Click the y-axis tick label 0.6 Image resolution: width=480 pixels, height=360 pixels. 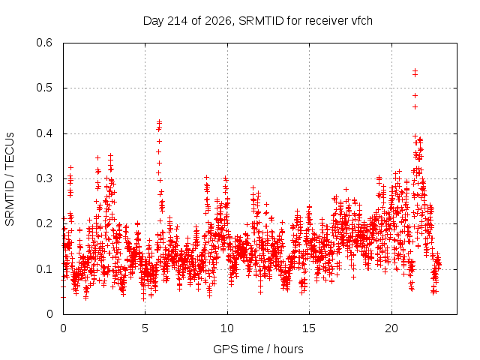tap(44, 43)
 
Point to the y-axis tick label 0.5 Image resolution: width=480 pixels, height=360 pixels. tap(44, 88)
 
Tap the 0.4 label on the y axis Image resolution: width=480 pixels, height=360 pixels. tap(44, 133)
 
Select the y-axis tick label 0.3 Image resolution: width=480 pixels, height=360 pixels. tap(44, 178)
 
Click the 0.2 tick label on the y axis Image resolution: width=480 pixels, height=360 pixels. tap(44, 223)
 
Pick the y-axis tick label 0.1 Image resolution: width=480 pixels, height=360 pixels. tap(44, 269)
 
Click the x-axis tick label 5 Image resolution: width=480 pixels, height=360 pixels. tap(145, 328)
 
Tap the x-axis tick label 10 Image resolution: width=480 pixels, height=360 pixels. tap(227, 328)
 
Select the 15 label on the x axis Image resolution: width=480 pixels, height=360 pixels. tap(309, 328)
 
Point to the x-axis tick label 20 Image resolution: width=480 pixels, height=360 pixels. tap(391, 328)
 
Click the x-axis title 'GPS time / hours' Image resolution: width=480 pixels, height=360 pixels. tap(258, 349)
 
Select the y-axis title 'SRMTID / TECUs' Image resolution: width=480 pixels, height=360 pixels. tap(10, 179)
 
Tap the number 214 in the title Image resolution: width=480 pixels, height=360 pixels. tap(178, 21)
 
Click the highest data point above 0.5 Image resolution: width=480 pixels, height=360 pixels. tap(415, 71)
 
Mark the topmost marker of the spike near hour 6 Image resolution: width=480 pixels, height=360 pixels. tap(159, 121)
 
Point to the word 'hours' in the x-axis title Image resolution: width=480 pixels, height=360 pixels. tap(288, 349)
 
